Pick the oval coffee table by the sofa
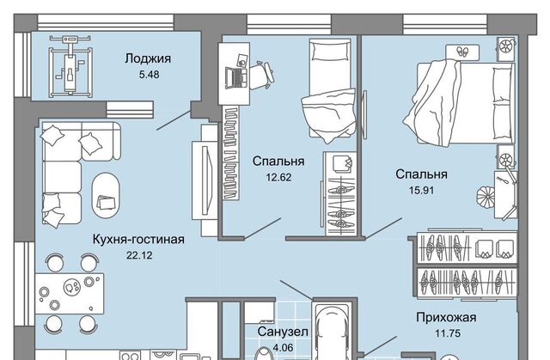coord(106,190)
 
